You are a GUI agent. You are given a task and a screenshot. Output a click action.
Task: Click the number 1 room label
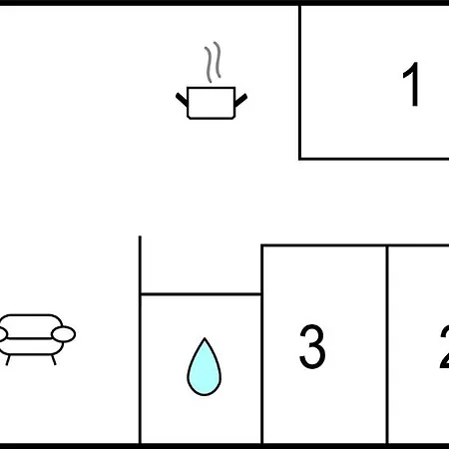coord(411,84)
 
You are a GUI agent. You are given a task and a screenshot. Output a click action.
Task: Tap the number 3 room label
coord(312,346)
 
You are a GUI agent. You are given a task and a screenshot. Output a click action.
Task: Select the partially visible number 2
coord(444,346)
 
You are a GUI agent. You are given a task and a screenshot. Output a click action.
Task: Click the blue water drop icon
coord(205,367)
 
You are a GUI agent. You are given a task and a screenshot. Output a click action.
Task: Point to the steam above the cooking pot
coord(213,62)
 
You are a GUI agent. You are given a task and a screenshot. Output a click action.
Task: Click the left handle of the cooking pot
coord(182,100)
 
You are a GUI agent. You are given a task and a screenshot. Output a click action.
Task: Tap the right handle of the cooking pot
coord(240,100)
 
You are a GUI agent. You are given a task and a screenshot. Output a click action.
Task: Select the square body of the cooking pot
coord(212,103)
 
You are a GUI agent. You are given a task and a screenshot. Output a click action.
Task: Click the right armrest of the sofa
coord(63,334)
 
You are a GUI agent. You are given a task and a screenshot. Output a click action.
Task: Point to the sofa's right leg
coord(53,360)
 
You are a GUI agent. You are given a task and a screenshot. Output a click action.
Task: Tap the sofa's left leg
coord(8,360)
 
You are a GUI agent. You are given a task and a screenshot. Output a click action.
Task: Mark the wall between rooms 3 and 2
coord(387,344)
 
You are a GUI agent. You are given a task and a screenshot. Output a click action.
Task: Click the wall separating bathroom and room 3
coord(262,344)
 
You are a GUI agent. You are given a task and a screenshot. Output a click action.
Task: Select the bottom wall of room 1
coord(374,159)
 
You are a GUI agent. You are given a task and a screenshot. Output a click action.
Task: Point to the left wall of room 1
coord(300,82)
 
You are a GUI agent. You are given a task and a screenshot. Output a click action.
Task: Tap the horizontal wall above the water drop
coord(201,294)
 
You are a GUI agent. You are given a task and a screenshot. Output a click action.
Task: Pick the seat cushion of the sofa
coord(31,347)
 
